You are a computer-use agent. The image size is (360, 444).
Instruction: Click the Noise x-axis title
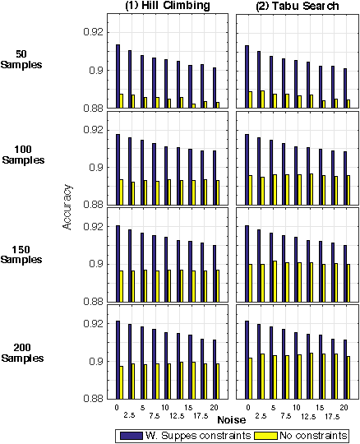coord(230,419)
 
